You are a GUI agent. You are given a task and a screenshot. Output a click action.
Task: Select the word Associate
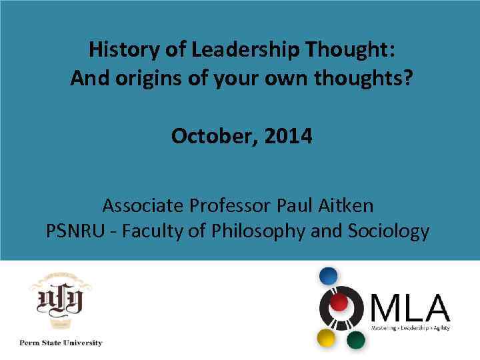pyautogui.click(x=145, y=204)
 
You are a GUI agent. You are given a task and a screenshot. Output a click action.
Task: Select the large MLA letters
pyautogui.click(x=409, y=307)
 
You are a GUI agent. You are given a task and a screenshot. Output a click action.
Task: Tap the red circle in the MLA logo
pyautogui.click(x=339, y=303)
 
